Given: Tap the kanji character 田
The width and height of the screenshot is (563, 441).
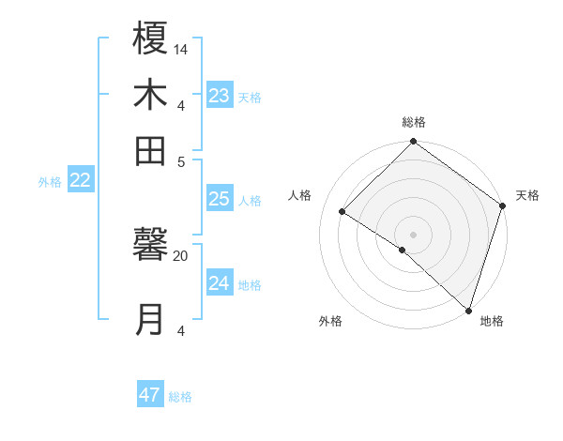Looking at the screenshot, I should [151, 149].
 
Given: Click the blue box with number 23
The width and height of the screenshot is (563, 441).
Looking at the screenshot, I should [220, 96].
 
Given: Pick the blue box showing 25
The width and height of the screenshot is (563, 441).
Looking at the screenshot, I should [220, 199].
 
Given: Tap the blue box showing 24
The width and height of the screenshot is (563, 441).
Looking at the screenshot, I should [220, 283].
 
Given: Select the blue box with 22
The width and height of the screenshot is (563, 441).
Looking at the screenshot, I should [81, 181].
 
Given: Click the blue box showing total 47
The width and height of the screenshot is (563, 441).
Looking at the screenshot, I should [150, 395].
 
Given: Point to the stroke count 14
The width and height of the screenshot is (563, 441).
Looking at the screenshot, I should [181, 49].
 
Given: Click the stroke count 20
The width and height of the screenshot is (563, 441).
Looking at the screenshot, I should [181, 255].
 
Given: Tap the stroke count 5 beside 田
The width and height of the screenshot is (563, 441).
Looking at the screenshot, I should [181, 160].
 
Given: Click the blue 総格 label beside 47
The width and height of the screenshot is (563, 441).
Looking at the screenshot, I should [180, 397].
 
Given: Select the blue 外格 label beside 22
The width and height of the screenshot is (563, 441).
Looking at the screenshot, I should [50, 182].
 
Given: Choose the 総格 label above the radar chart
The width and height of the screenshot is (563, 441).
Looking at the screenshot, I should [414, 122].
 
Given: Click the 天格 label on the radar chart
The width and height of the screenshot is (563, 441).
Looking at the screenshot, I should [527, 195].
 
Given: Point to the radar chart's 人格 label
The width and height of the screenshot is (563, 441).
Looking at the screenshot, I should [300, 195].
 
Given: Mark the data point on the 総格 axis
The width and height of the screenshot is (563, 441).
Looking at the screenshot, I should [413, 143].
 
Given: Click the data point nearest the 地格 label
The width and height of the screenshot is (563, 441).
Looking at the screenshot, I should [468, 310].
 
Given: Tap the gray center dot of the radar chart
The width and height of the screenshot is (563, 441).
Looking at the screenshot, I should [413, 234].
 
